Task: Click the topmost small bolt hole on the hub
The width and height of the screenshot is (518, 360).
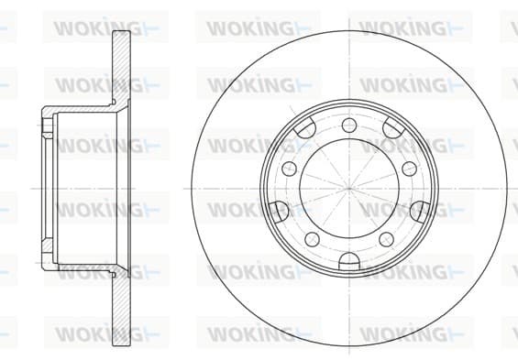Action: (x=349, y=125)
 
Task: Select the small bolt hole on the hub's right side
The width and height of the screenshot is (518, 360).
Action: (x=409, y=169)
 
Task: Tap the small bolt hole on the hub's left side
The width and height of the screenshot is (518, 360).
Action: (x=290, y=169)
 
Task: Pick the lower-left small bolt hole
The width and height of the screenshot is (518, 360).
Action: (x=313, y=239)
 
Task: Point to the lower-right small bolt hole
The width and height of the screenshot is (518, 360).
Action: (x=387, y=239)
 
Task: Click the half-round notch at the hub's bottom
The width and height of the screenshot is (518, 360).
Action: (x=349, y=261)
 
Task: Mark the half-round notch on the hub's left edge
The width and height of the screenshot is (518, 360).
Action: (x=277, y=212)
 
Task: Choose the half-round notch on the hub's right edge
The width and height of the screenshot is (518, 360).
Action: (x=421, y=212)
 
